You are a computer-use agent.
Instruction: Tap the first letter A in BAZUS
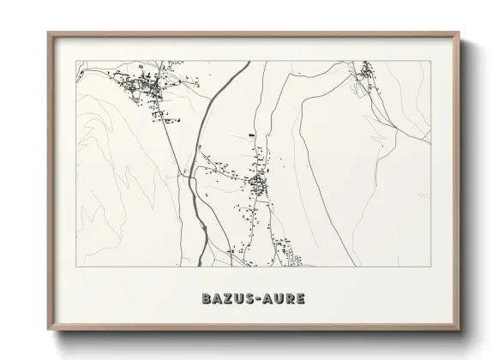[216, 300]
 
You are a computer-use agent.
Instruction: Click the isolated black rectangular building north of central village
[251, 135]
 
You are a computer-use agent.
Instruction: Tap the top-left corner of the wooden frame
[49, 33]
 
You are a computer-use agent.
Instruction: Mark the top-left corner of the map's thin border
[76, 61]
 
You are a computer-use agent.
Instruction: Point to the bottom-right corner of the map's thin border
[431, 266]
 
